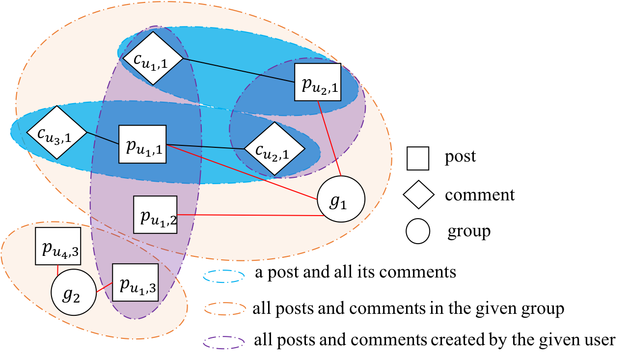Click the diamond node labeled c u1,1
point(150,58)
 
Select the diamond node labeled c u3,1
point(56,132)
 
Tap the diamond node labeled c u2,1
point(274,149)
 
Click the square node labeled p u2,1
point(318,82)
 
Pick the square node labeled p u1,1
point(142,144)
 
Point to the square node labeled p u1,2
point(155,215)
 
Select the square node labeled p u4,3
point(58,246)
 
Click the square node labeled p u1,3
point(136,282)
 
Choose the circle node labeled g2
point(74,293)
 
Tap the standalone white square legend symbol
point(418,158)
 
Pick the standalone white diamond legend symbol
point(418,195)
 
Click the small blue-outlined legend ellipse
point(224,277)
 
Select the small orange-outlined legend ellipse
point(225,309)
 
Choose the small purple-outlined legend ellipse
point(224,342)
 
